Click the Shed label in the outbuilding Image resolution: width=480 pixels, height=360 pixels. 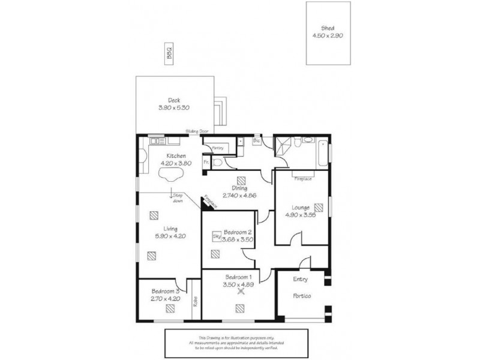coord(328,28)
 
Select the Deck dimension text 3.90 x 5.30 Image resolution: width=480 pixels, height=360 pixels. coord(174,108)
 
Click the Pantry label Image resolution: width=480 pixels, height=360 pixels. coord(217,147)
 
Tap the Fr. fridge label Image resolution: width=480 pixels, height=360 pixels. coord(206,163)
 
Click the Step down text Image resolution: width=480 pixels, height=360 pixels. coord(178,199)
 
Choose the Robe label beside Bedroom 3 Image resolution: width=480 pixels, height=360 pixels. coord(196,303)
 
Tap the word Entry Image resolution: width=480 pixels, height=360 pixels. coord(301,279)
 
